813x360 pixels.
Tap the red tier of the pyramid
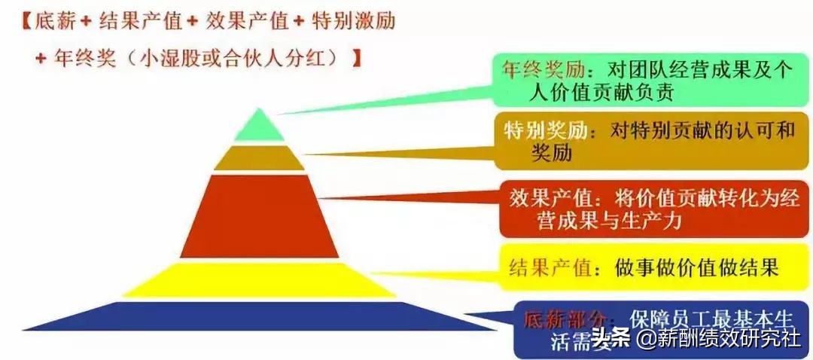pos(259,216)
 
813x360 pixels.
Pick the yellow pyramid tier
pos(259,279)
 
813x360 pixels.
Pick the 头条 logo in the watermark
pos(611,338)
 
